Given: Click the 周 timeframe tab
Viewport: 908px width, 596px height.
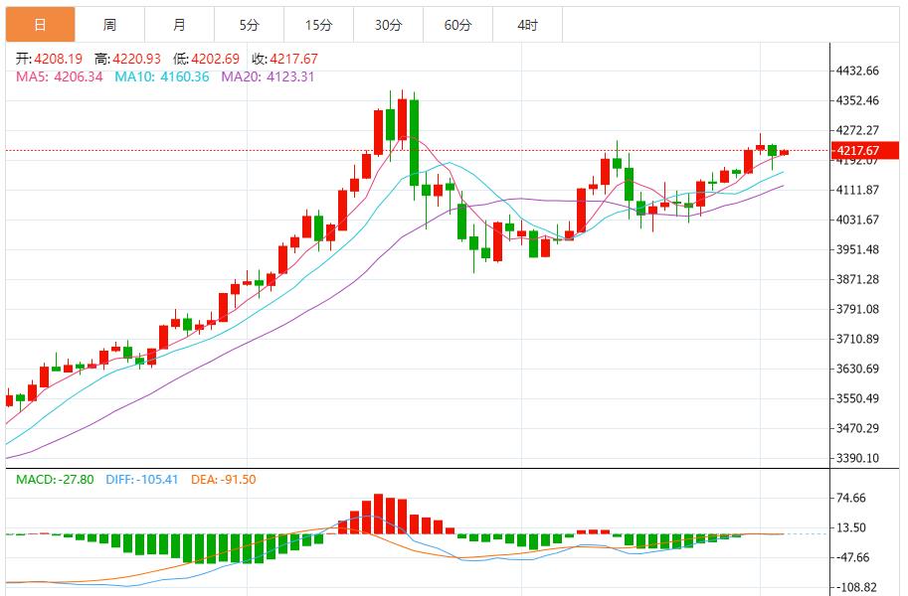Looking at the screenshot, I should coord(109,25).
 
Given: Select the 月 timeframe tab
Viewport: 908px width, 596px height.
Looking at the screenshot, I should coord(179,25).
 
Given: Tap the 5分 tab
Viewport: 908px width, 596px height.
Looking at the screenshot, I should coord(249,25).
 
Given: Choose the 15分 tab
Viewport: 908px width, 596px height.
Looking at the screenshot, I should coord(318,25).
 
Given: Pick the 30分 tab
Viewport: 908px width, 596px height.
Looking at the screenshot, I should coord(388,25).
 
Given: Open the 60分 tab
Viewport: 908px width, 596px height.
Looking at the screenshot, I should coord(457,25).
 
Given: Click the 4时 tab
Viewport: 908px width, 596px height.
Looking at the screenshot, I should coord(527,25).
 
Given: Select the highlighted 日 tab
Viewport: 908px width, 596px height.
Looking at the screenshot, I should coord(40,25).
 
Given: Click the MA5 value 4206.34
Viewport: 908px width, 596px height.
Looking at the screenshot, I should coord(79,76).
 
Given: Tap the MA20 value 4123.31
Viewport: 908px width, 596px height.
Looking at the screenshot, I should coord(287,76).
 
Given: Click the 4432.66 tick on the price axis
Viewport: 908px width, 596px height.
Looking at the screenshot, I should coord(858,71).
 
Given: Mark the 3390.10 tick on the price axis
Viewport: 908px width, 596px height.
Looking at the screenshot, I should coord(858,458).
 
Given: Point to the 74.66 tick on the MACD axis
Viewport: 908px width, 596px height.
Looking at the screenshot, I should coord(851,498).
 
